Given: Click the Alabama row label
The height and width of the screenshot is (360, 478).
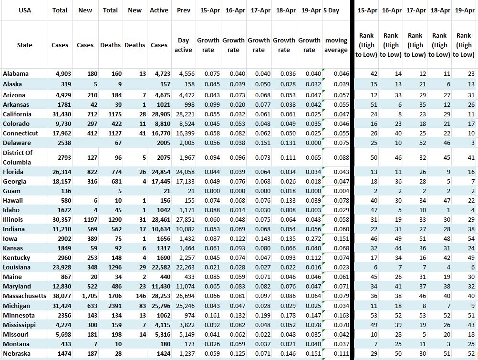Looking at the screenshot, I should coord(16,73).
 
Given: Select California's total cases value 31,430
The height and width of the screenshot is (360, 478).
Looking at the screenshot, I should coord(60,114).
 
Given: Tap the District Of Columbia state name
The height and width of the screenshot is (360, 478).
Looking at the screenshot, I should coord(18,157).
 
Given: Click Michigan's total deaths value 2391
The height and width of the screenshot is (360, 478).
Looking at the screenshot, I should coord(113,306).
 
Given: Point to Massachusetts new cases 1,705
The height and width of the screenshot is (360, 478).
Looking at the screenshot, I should coord(86,296).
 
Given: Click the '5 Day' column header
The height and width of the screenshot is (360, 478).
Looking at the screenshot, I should coord(332,10).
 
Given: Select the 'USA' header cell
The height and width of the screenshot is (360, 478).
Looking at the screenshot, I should coord(25,10).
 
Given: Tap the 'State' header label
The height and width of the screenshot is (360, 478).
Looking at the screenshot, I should coord(25,45).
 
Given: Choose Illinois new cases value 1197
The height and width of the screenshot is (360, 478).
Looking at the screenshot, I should coord(86,219).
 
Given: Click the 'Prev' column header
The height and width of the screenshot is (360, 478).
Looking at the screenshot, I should coord(184,10).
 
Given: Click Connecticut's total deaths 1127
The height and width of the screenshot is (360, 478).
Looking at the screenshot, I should coord(113,134).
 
